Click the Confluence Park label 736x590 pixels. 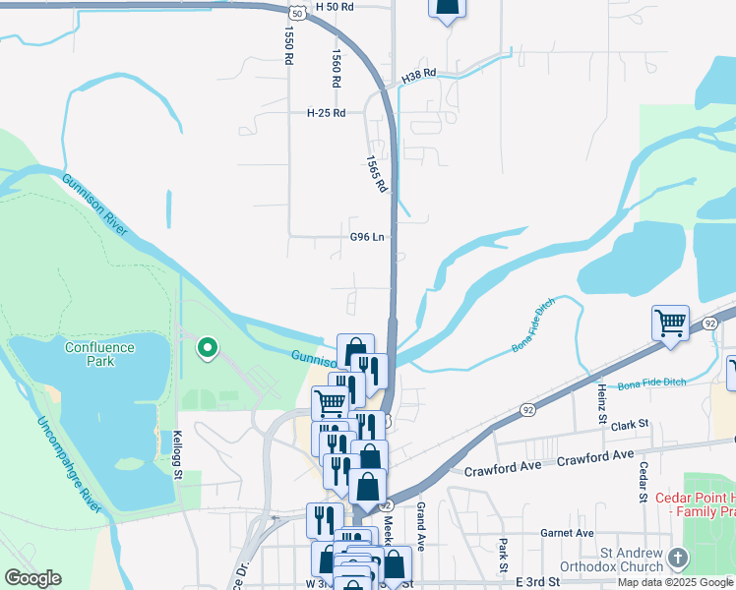tap(104, 354)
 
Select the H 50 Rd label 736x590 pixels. tap(335, 6)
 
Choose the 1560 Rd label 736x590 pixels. tap(337, 69)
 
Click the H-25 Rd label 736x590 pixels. tap(327, 113)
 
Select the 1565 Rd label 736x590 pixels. tap(376, 173)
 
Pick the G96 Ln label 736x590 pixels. tap(366, 237)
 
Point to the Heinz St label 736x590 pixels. tap(602, 404)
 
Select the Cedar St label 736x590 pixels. tap(643, 481)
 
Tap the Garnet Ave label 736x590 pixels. tap(568, 533)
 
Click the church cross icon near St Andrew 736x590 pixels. tap(677, 559)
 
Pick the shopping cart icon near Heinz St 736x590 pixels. tap(670, 322)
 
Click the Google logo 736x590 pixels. tap(32, 578)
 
